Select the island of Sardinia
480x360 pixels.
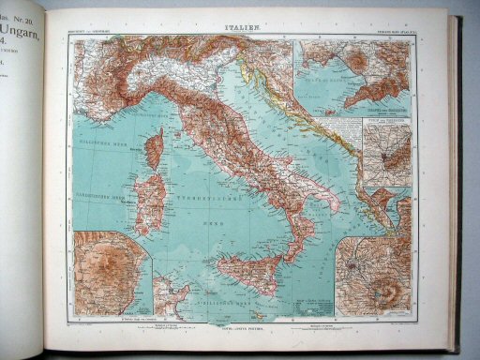click(150, 202)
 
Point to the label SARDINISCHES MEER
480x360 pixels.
click(105, 201)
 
